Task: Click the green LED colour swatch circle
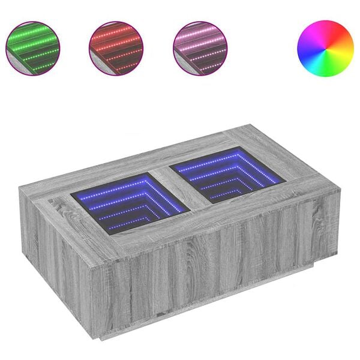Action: click(x=32, y=48)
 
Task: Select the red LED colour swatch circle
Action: click(x=116, y=48)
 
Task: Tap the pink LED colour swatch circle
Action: click(x=200, y=48)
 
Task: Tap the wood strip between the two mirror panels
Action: click(x=180, y=189)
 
